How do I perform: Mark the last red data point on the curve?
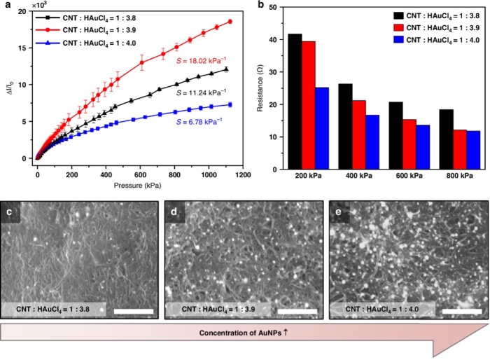[230, 22]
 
